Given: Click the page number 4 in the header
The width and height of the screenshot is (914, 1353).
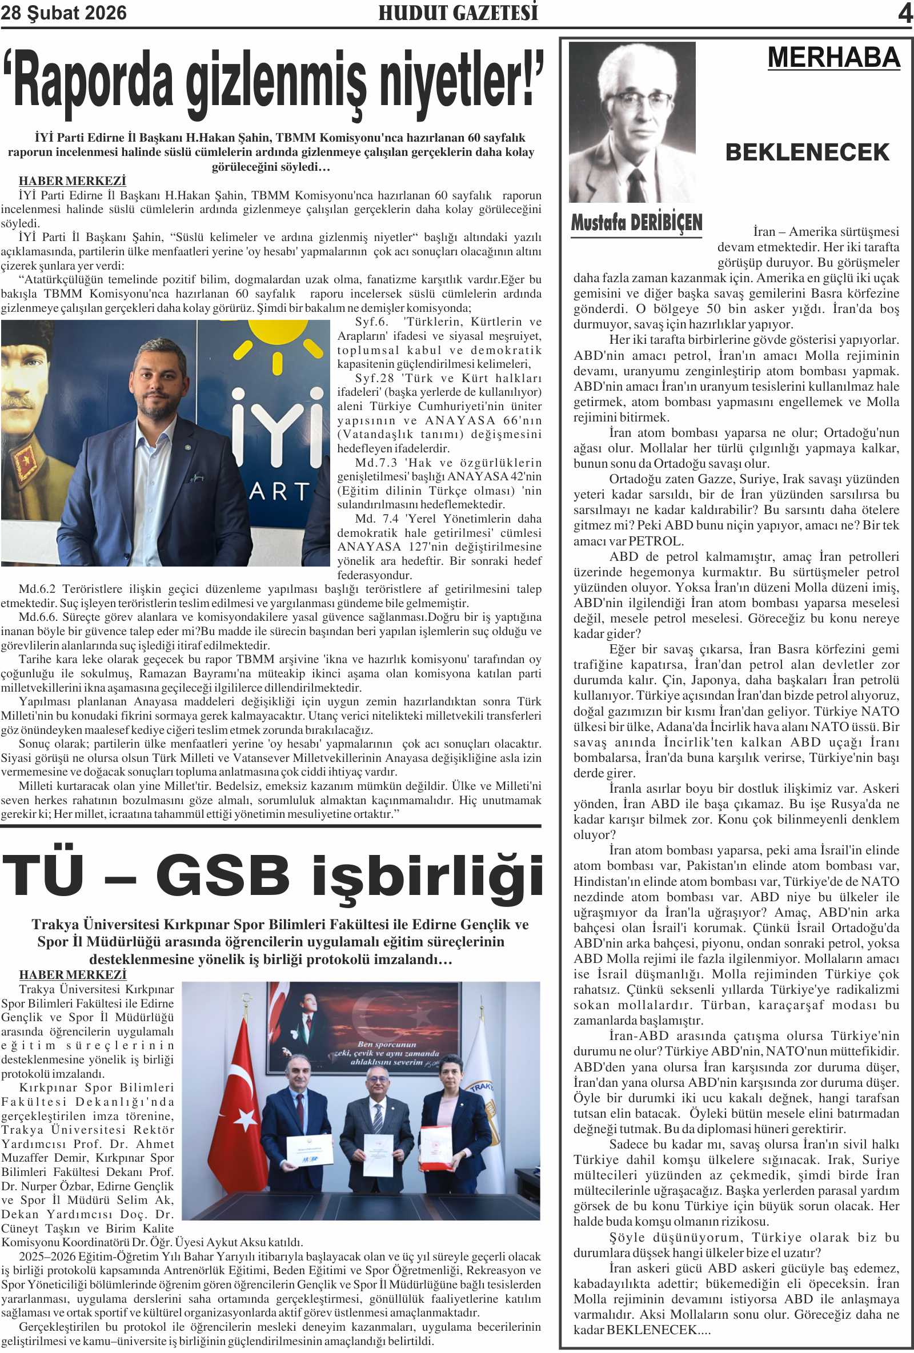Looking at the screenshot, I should (x=905, y=13).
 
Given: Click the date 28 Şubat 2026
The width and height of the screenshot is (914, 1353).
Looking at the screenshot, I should (x=63, y=13).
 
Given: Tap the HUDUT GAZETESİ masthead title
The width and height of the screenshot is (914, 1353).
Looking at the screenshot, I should (x=458, y=13).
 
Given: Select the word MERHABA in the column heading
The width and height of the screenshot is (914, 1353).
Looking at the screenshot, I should (x=833, y=58).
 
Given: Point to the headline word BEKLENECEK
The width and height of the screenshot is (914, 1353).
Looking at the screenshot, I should (x=807, y=152).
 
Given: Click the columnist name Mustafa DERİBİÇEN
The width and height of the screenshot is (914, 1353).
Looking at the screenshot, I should (x=636, y=222).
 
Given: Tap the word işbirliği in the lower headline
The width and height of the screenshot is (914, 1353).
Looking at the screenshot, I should (x=428, y=876).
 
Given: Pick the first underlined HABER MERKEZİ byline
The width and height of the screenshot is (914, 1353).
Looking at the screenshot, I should (x=72, y=181).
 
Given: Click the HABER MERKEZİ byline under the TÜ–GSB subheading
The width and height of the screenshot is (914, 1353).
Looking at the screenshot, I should (x=72, y=974).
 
